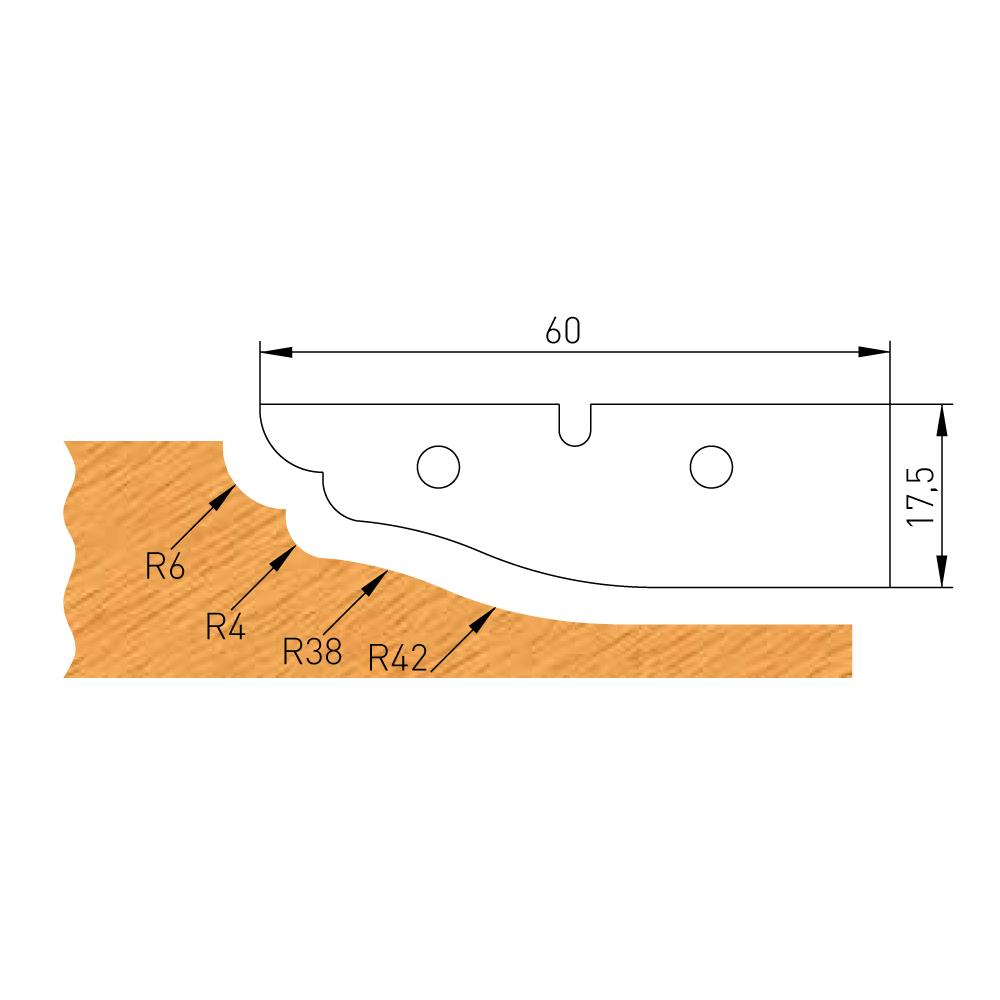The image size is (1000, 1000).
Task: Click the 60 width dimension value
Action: [563, 332]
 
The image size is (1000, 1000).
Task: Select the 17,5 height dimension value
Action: [920, 495]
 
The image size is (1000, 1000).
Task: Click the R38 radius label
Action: [312, 653]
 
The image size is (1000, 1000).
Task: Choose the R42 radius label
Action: [398, 658]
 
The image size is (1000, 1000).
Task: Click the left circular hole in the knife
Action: [438, 466]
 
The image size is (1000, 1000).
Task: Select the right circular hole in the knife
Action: [710, 465]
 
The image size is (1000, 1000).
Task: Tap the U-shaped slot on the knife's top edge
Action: [573, 425]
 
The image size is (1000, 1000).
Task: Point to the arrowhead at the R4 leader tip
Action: [287, 553]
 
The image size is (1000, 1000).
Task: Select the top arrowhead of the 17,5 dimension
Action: [941, 418]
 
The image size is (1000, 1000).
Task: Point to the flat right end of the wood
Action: [851, 650]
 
